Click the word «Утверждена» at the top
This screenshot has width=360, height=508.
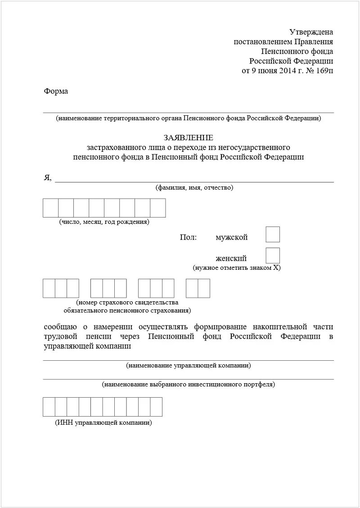point(311,32)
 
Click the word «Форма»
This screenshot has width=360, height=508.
point(56,91)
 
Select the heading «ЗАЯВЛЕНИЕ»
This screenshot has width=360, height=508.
point(189,137)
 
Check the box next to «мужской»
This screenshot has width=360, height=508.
point(273,235)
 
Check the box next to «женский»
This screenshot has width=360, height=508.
point(273,256)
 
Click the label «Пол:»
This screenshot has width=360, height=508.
point(188,237)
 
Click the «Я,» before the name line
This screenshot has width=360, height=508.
point(48,178)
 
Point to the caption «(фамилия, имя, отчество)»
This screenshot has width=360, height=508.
point(194,188)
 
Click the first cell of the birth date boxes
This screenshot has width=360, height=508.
point(51,208)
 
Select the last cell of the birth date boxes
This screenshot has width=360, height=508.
point(158,208)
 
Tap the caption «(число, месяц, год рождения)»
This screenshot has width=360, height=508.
point(104,222)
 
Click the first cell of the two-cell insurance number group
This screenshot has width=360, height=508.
point(192,288)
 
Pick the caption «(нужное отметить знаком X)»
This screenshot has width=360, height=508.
point(237,268)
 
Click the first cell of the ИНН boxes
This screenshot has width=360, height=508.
point(49,407)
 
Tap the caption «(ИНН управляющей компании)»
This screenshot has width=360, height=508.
point(103,423)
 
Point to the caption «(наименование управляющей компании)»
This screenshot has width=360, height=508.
point(189,366)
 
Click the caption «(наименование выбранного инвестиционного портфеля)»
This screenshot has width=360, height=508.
point(189,385)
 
